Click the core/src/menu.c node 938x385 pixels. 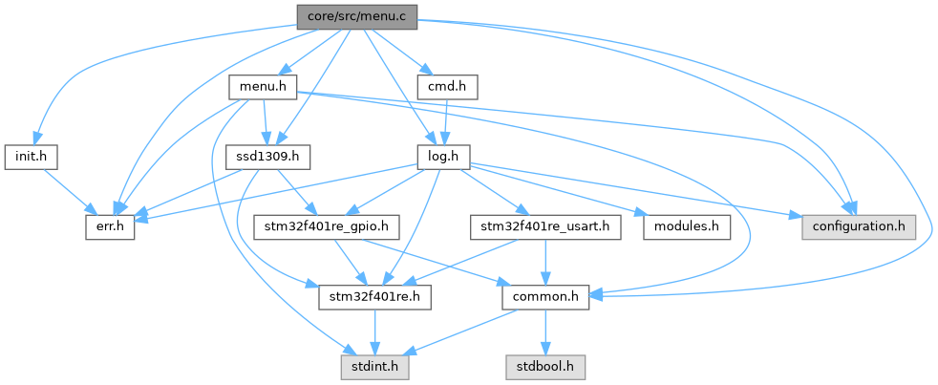click(356, 16)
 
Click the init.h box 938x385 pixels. click(32, 155)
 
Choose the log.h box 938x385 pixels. click(441, 155)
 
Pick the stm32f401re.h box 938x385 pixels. click(375, 298)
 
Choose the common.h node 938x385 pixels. click(545, 298)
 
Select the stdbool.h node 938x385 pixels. click(545, 365)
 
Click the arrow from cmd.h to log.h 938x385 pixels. click(444, 121)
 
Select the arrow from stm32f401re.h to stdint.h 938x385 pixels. click(375, 332)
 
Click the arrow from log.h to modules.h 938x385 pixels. click(564, 190)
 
